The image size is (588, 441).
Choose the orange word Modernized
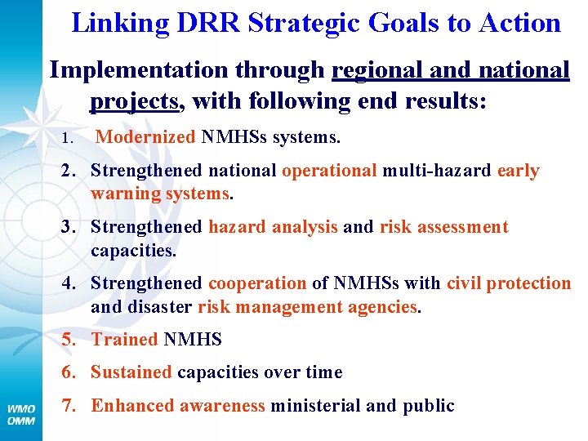click(145, 138)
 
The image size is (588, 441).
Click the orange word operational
click(329, 171)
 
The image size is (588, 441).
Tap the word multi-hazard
click(437, 171)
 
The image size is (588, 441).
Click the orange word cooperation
click(257, 283)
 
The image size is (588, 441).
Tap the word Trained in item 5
click(124, 340)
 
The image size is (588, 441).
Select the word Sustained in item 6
click(131, 372)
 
